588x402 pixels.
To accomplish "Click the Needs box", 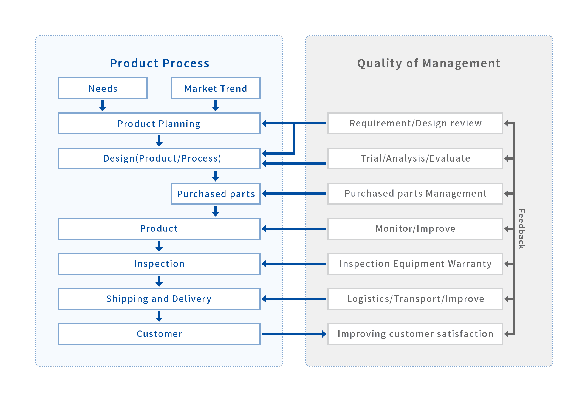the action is tap(103, 88).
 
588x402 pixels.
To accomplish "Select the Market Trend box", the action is tap(216, 88).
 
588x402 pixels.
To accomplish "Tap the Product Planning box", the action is tap(159, 123).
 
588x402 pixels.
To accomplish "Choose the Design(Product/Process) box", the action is tap(159, 158).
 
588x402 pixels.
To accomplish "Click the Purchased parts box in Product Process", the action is tap(216, 194).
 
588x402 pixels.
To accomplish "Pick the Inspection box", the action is tap(159, 264).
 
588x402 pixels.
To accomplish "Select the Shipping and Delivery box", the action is tap(159, 299).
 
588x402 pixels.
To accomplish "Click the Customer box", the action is tap(159, 334).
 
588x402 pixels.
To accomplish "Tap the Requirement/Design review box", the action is tap(415, 123).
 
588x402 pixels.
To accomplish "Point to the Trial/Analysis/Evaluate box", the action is tap(415, 158).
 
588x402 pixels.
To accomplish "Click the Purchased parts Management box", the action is tap(415, 194).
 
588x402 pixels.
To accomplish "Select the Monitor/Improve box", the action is tap(415, 229).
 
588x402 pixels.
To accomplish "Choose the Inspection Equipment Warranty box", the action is tap(415, 264).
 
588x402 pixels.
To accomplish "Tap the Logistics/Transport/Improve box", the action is tap(415, 299).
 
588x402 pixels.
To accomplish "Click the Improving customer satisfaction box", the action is tap(415, 334).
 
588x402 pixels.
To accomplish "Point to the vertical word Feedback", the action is tap(521, 229).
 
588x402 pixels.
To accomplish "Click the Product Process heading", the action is tap(160, 63).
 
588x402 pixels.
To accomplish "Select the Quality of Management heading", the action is tap(429, 64).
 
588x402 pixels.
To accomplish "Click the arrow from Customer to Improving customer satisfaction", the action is tap(294, 334).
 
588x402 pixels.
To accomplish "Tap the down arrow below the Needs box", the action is tap(103, 106).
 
